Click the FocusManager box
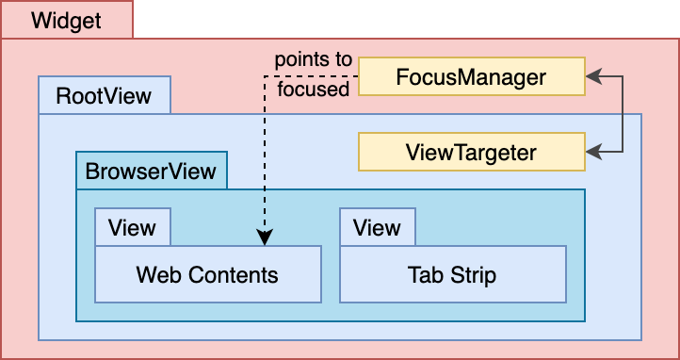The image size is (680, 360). coord(472,76)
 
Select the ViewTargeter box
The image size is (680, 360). coord(472,152)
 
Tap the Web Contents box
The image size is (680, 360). coord(208,274)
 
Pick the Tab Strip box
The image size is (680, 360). coord(453,274)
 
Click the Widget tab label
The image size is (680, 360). coord(66,20)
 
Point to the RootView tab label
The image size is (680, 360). coord(105,95)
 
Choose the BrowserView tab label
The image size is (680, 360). coord(151,171)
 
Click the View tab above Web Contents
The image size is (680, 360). coord(132,227)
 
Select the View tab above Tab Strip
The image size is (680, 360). coord(377,227)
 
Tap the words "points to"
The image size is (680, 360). coord(313,60)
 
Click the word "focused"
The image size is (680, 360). coord(313,90)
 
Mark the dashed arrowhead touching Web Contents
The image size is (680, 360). coord(265,237)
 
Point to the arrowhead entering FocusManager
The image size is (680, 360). coord(593,76)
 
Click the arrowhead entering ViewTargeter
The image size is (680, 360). coord(593,152)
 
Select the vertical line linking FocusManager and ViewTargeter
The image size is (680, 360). coord(623,114)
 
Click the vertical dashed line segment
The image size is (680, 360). coord(265,153)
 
